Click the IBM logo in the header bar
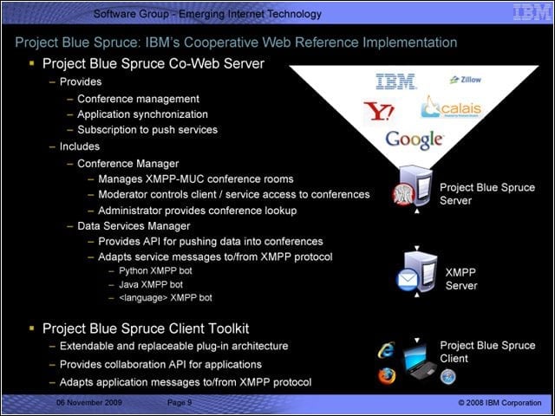tap(532, 13)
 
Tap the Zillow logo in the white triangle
tap(465, 80)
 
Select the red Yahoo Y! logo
tap(378, 111)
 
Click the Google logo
tap(414, 140)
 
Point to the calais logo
tap(452, 107)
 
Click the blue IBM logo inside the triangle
tap(395, 81)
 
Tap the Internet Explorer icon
tap(386, 350)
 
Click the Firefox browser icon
tap(387, 375)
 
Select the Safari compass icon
tap(447, 376)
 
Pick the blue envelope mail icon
tap(408, 280)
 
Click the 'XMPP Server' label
tap(460, 279)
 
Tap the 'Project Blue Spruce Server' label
tap(487, 194)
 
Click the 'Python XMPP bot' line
tap(155, 271)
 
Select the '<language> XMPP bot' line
tap(166, 298)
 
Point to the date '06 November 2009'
tap(89, 402)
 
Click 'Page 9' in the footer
tap(180, 402)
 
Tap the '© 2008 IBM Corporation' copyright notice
tap(499, 402)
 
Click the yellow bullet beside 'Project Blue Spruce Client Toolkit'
tap(32, 328)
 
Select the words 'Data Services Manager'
tap(134, 226)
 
